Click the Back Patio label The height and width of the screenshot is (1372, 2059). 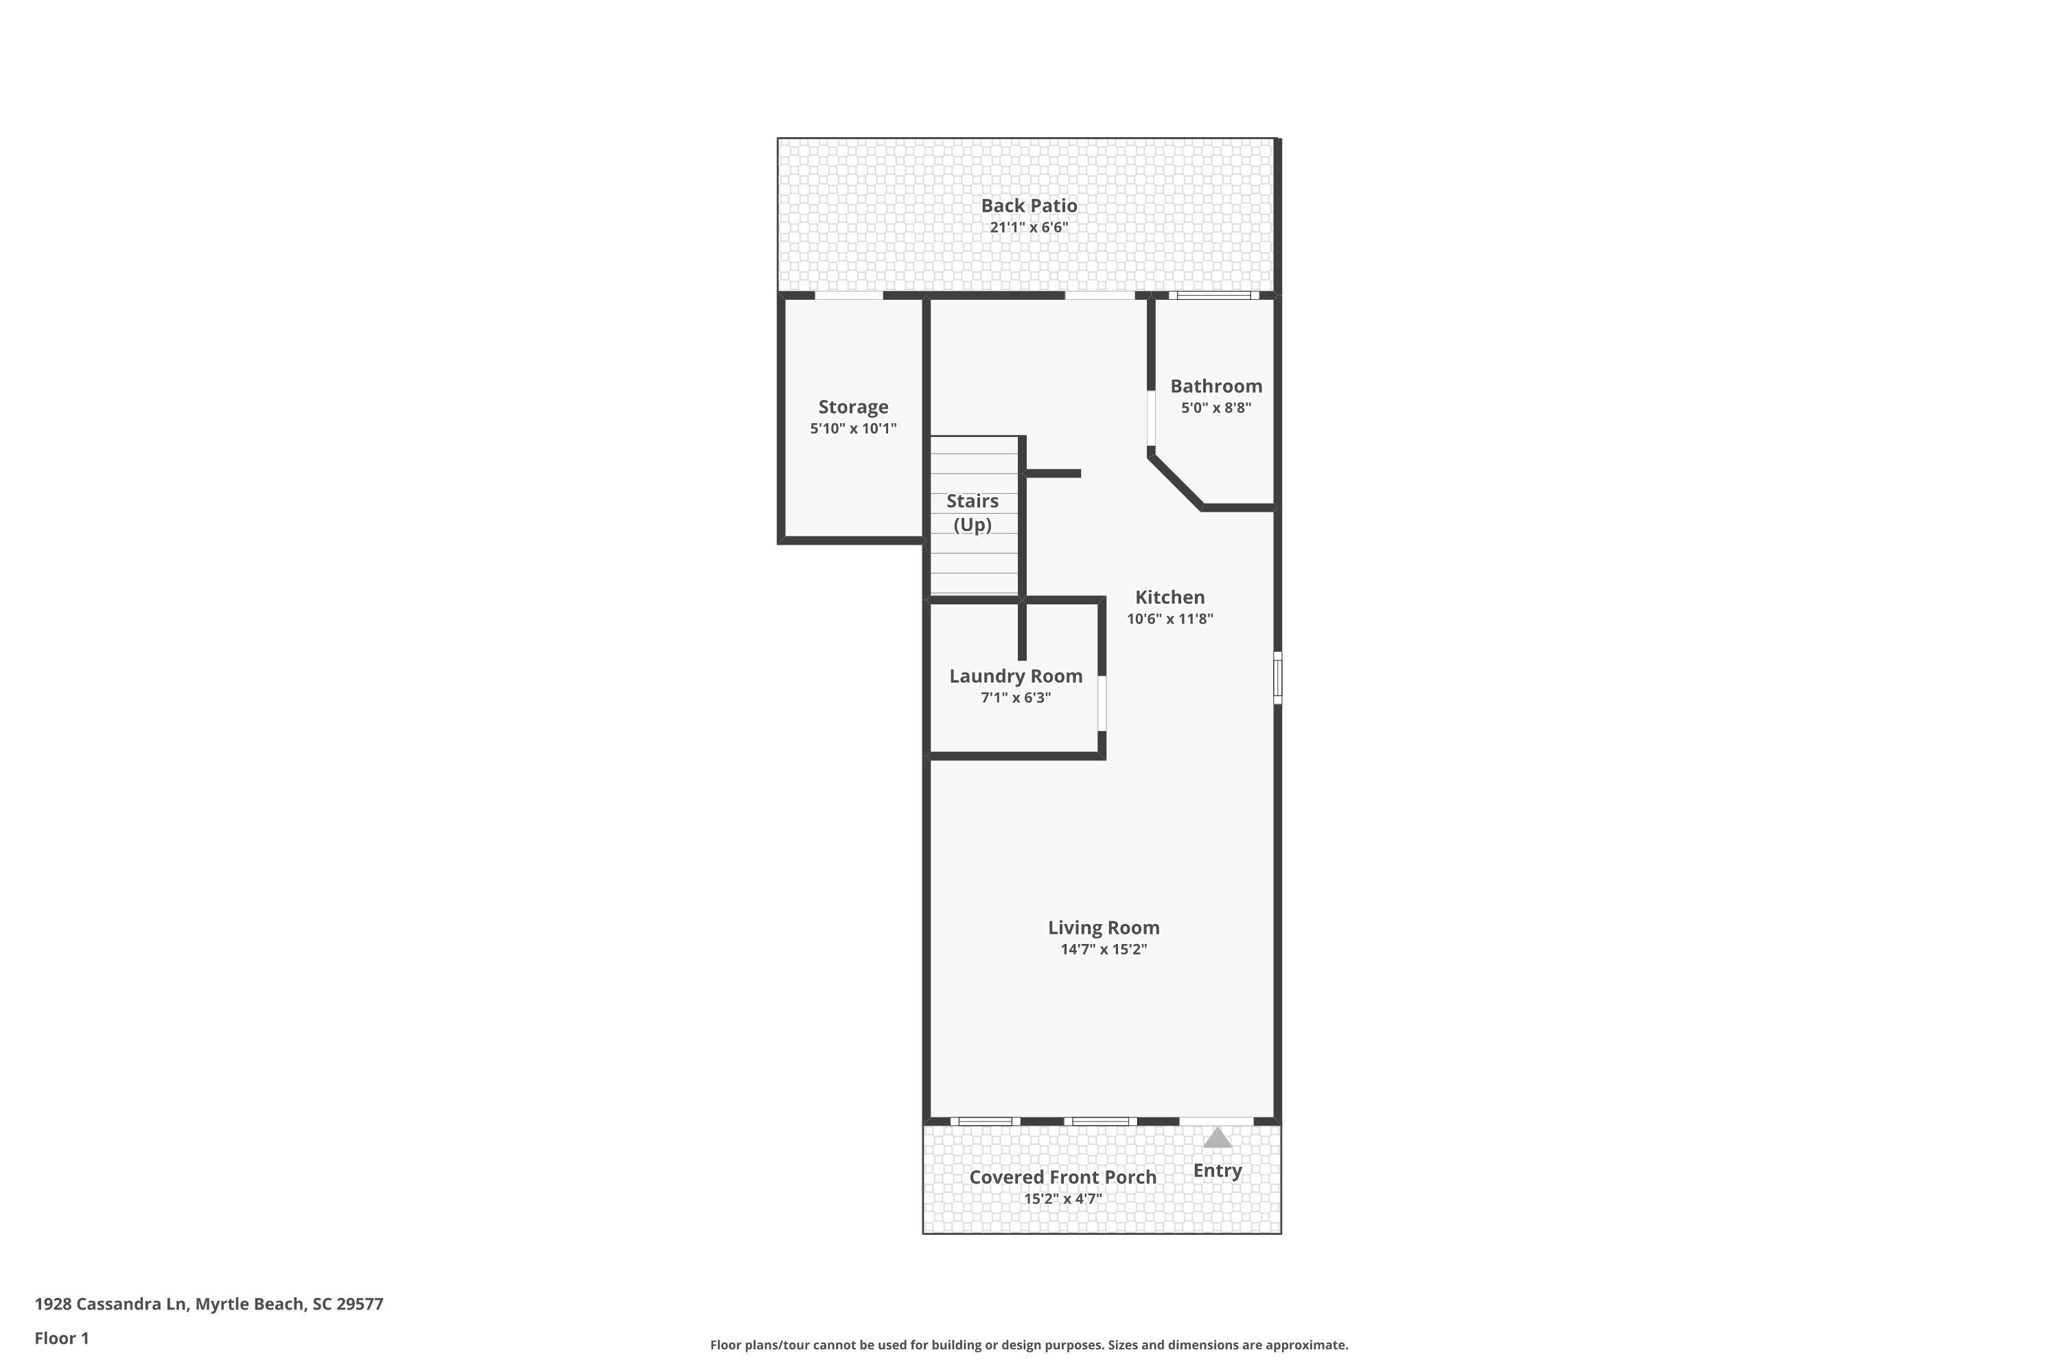pyautogui.click(x=1029, y=206)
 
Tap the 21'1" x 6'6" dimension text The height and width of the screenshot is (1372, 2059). pyautogui.click(x=1029, y=228)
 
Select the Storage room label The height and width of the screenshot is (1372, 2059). pyautogui.click(x=854, y=407)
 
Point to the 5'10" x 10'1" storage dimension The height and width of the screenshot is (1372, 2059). pyautogui.click(x=854, y=429)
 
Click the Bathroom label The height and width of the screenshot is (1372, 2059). pyautogui.click(x=1216, y=386)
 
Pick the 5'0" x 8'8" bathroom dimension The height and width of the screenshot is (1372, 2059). pyautogui.click(x=1216, y=407)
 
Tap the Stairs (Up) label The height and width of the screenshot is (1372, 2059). pyautogui.click(x=973, y=512)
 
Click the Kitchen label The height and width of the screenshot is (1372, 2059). pyautogui.click(x=1170, y=598)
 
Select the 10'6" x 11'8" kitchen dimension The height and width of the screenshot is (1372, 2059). pyautogui.click(x=1170, y=619)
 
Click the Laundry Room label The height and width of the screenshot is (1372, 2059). pyautogui.click(x=1016, y=676)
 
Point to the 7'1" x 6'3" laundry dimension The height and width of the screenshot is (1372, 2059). pyautogui.click(x=1016, y=698)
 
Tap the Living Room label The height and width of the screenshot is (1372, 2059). pyautogui.click(x=1103, y=927)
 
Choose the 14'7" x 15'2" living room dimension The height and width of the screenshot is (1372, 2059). pyautogui.click(x=1103, y=949)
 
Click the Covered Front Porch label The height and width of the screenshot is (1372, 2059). pyautogui.click(x=1062, y=1178)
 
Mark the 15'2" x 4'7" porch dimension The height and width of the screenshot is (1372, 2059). pyautogui.click(x=1062, y=1198)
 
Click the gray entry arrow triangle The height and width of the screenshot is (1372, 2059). pyautogui.click(x=1218, y=1138)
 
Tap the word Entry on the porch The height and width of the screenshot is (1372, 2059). pyautogui.click(x=1218, y=1171)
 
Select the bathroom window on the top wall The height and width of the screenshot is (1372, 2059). pyautogui.click(x=1214, y=295)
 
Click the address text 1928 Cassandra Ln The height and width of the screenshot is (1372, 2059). pyautogui.click(x=110, y=1305)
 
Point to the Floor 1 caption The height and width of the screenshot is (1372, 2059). pyautogui.click(x=62, y=1338)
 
